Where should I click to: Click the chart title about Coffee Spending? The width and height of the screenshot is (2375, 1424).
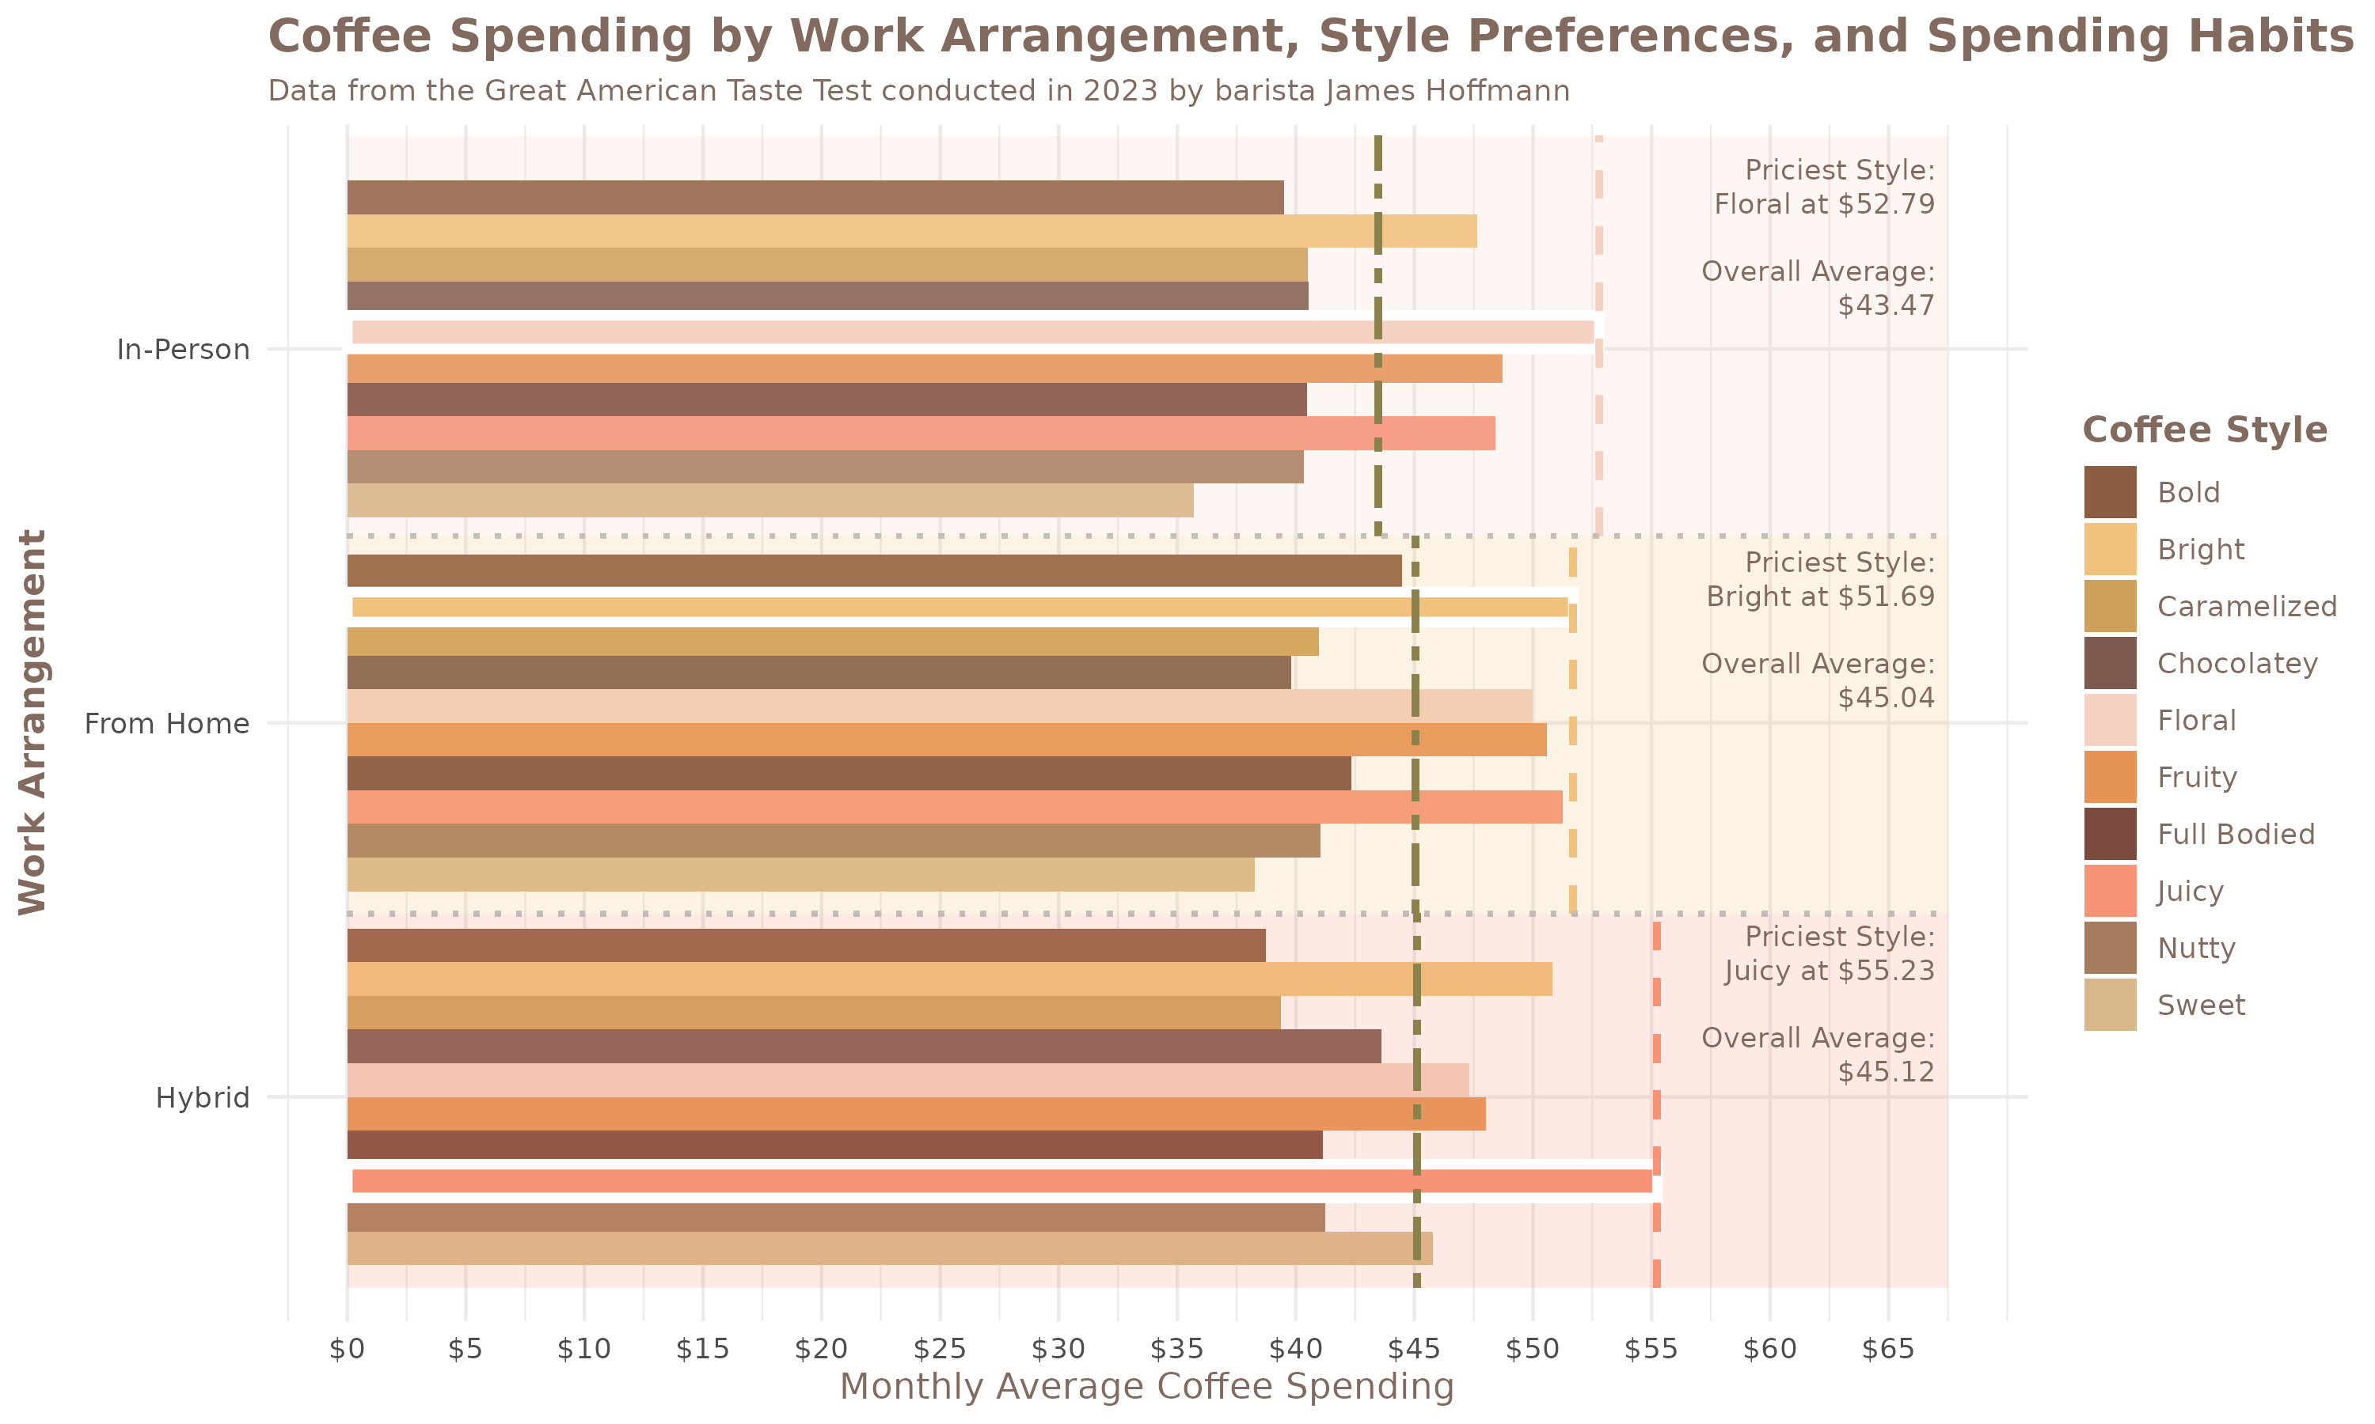pos(1310,36)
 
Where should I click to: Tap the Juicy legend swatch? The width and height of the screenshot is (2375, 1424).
pos(2110,891)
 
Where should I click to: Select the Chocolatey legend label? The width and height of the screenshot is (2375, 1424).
pos(2236,663)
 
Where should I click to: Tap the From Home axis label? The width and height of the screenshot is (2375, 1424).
pos(167,724)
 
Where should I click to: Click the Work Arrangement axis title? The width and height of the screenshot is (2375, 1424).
pos(32,721)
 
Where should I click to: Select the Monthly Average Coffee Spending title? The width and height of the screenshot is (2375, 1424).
pos(1147,1387)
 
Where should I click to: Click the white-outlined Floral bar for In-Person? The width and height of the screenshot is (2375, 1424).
pos(970,332)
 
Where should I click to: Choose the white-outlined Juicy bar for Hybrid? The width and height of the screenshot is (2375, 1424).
pos(998,1181)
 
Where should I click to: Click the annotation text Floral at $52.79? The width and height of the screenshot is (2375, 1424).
pos(1824,204)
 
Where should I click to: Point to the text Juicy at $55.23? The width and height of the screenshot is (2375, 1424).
pos(1829,971)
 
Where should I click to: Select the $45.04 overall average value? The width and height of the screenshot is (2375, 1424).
pos(1886,698)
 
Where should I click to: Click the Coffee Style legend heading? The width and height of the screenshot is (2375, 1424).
pos(2204,429)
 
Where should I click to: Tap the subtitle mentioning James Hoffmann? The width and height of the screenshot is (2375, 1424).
pos(918,91)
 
